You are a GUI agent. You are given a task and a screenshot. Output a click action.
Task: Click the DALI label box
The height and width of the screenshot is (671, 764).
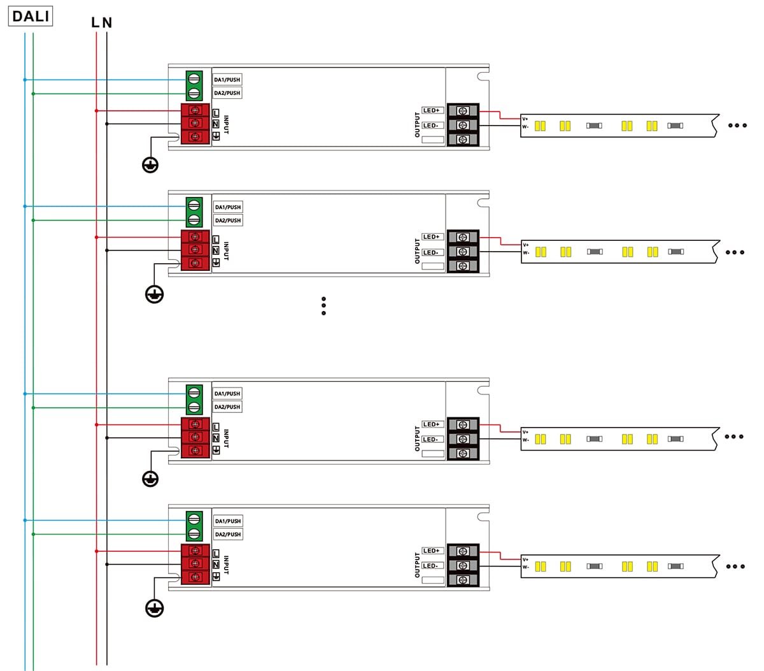(31, 17)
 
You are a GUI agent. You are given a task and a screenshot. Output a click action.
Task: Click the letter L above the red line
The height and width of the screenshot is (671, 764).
(95, 23)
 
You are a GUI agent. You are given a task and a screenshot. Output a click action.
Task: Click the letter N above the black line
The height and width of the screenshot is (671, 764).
(107, 23)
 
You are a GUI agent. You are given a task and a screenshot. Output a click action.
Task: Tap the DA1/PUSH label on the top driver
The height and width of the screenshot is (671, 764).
(227, 80)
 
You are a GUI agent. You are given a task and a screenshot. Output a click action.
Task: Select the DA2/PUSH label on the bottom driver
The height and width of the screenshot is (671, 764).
(228, 534)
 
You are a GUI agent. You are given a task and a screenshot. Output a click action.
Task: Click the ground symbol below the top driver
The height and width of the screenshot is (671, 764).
(150, 165)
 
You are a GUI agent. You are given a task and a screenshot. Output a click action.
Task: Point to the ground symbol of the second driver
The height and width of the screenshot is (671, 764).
(154, 294)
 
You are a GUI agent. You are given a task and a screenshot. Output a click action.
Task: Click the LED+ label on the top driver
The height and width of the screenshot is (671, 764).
(432, 111)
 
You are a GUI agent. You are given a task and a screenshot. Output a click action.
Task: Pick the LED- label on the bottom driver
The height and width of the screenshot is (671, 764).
(431, 566)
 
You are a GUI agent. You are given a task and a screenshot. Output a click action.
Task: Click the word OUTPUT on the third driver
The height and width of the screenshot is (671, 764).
(418, 438)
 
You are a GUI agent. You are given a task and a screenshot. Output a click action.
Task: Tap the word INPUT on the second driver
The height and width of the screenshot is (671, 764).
(226, 250)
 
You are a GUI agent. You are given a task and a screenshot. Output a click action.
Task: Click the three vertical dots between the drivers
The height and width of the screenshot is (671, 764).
(323, 306)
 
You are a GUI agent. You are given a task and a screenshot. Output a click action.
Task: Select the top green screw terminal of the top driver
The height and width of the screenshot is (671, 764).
(195, 80)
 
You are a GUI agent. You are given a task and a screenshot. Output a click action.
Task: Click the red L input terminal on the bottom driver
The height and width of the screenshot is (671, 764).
(195, 551)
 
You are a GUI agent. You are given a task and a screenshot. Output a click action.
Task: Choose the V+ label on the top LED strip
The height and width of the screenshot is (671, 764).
(525, 119)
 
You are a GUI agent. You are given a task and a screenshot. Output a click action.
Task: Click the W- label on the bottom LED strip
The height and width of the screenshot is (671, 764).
(525, 566)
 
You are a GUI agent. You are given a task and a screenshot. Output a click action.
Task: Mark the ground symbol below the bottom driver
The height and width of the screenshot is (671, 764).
(154, 608)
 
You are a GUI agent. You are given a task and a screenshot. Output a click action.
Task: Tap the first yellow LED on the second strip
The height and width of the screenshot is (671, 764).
(541, 252)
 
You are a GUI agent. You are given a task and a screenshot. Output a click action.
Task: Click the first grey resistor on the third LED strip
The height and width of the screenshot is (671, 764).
(595, 439)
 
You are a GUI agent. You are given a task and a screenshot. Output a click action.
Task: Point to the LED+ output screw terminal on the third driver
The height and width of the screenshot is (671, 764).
(463, 424)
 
